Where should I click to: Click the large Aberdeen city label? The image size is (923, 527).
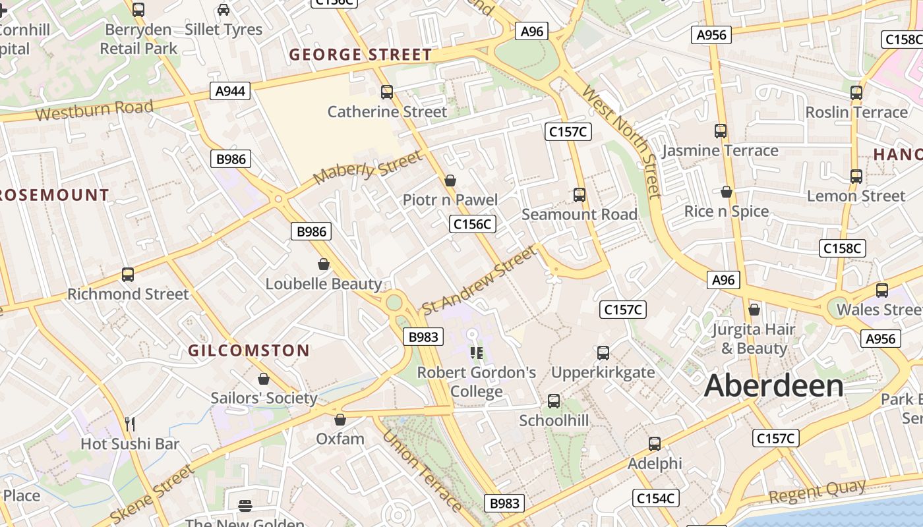tap(773, 386)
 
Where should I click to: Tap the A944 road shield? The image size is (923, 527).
tap(230, 91)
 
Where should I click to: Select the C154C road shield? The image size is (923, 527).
tap(656, 499)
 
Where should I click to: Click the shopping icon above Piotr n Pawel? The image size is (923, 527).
tap(450, 180)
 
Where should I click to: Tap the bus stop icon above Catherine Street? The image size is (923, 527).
tap(387, 92)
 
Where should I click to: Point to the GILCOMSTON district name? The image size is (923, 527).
tap(249, 350)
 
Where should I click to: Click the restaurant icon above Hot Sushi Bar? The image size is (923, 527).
tap(130, 424)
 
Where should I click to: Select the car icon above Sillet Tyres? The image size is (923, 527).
tap(223, 9)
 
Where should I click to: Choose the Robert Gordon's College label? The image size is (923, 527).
tap(477, 382)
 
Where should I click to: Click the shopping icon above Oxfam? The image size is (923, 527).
tap(340, 419)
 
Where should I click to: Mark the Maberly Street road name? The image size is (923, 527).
tap(367, 168)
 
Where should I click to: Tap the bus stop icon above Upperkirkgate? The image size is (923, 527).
tap(603, 352)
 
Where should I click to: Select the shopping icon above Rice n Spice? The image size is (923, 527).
tap(726, 192)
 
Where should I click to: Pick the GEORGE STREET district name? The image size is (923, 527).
tap(361, 55)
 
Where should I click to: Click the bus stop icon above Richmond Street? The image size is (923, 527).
tap(128, 274)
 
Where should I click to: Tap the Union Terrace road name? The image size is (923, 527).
tap(422, 470)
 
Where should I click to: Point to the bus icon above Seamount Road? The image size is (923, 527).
tap(580, 194)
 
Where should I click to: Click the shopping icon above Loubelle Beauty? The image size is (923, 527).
tap(324, 264)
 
